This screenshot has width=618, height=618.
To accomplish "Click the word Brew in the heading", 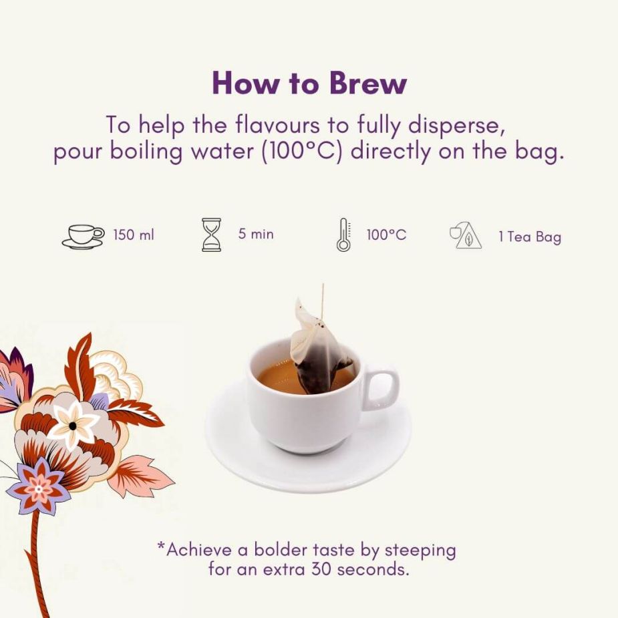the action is pos(367,83).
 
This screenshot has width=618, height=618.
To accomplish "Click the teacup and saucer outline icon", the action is pos(83,237).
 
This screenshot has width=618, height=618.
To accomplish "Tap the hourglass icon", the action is pos(211,235).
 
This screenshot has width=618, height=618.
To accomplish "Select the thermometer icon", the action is pos(343,235).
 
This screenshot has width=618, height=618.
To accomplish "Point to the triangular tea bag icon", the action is pos(466,236).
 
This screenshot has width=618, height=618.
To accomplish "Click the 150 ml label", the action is pos(134,235).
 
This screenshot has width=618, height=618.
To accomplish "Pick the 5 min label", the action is pos(256,234).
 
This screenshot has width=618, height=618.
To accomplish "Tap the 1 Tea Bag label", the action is pos(530,237).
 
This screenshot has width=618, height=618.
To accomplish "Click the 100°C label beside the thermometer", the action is pos(386,235).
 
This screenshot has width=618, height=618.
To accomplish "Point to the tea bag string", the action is pos(323,301).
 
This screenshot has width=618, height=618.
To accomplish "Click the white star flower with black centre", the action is pos(73,425).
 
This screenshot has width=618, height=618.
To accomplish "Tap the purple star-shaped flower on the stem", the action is pos(39,487).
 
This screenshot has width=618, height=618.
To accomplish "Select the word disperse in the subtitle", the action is pos(457,126).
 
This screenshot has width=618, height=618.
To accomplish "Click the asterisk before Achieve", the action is pos(161,545).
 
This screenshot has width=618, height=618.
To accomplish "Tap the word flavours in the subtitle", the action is pos(277,125).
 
